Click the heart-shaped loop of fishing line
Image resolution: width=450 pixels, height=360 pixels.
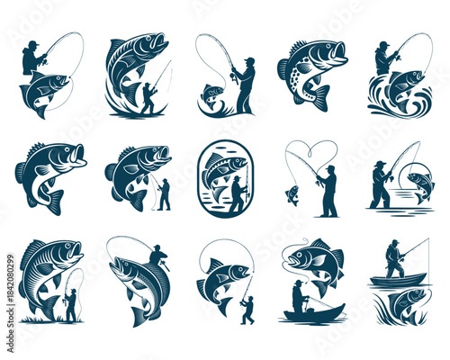[311, 155]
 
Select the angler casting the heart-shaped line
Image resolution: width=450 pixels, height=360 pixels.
[328, 191]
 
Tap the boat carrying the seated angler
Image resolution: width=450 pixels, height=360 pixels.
[313, 313]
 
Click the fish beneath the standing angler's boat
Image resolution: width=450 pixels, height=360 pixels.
[400, 301]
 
